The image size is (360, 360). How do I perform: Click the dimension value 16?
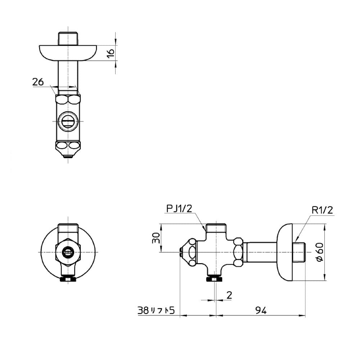click(x=111, y=53)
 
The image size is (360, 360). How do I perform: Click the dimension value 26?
click(x=38, y=82)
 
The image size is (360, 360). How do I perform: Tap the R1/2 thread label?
click(x=322, y=210)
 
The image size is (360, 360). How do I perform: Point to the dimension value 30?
click(x=156, y=238)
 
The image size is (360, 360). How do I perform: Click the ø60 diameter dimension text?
click(x=320, y=252)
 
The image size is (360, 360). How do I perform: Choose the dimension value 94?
click(x=261, y=311)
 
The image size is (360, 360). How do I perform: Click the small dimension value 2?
click(x=229, y=295)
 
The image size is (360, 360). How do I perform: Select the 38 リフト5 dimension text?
click(x=156, y=310)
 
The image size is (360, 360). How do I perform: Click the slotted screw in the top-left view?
click(x=68, y=121)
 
